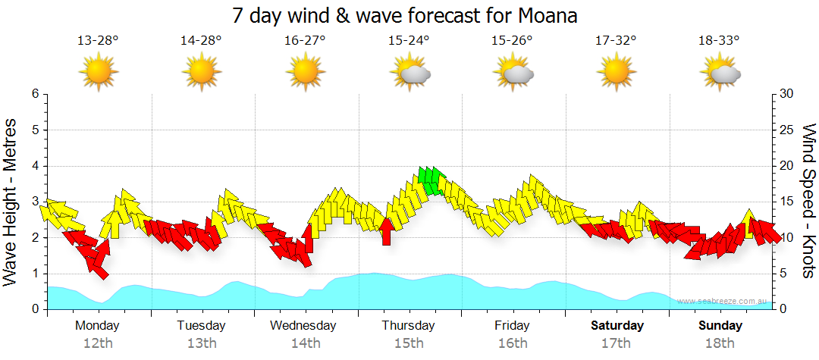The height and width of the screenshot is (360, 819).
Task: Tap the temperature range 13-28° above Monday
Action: [98, 41]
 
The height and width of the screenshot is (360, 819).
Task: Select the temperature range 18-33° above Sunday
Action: [719, 41]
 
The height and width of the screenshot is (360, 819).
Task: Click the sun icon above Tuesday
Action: [202, 73]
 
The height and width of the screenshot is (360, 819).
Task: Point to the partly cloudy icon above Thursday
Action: [410, 73]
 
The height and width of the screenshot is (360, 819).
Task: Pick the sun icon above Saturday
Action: [616, 73]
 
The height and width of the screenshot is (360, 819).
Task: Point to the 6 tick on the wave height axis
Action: [35, 94]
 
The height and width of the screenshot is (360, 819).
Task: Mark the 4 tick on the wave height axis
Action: [35, 166]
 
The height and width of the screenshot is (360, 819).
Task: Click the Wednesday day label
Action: [303, 326]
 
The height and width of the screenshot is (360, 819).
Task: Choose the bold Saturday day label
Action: [617, 326]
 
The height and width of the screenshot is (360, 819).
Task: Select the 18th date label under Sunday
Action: [720, 343]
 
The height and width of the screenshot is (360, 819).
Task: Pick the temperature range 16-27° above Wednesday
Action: [306, 41]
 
